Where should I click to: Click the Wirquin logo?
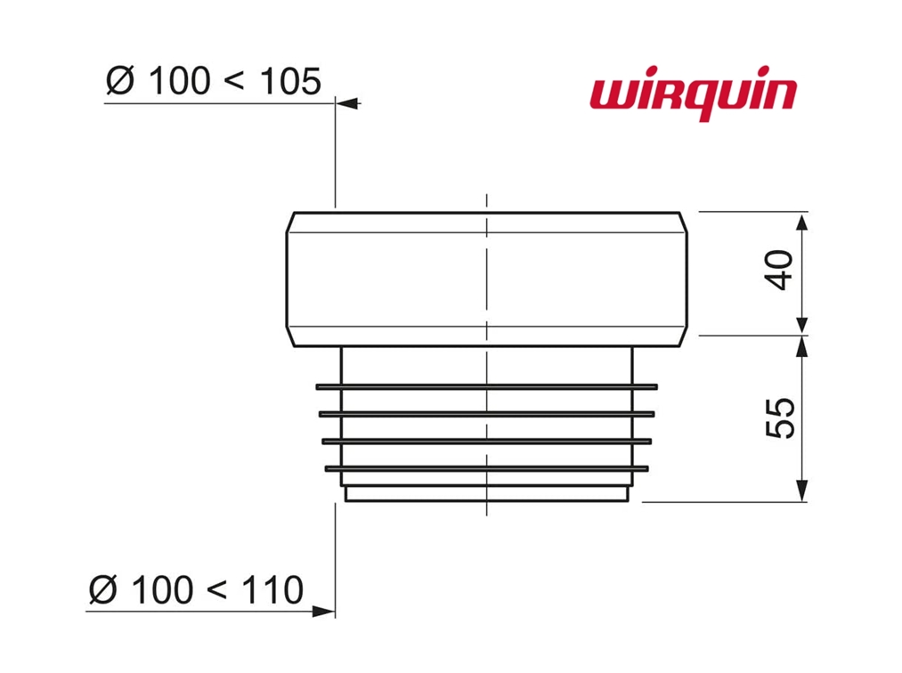[x=692, y=96]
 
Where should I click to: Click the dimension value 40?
[x=780, y=271]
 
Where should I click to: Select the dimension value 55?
[x=780, y=417]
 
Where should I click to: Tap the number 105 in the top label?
[x=289, y=82]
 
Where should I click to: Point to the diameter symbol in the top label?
[x=121, y=82]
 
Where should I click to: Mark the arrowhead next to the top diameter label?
[x=350, y=104]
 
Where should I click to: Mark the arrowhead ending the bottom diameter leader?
[x=324, y=612]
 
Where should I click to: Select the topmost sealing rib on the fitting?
[x=486, y=386]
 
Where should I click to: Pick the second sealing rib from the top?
[x=486, y=414]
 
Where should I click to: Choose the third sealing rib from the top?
[x=486, y=441]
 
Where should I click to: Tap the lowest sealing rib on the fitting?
[x=486, y=467]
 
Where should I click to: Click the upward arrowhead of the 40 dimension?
[x=802, y=220]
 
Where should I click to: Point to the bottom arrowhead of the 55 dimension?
[x=802, y=492]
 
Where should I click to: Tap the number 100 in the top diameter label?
[x=181, y=82]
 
